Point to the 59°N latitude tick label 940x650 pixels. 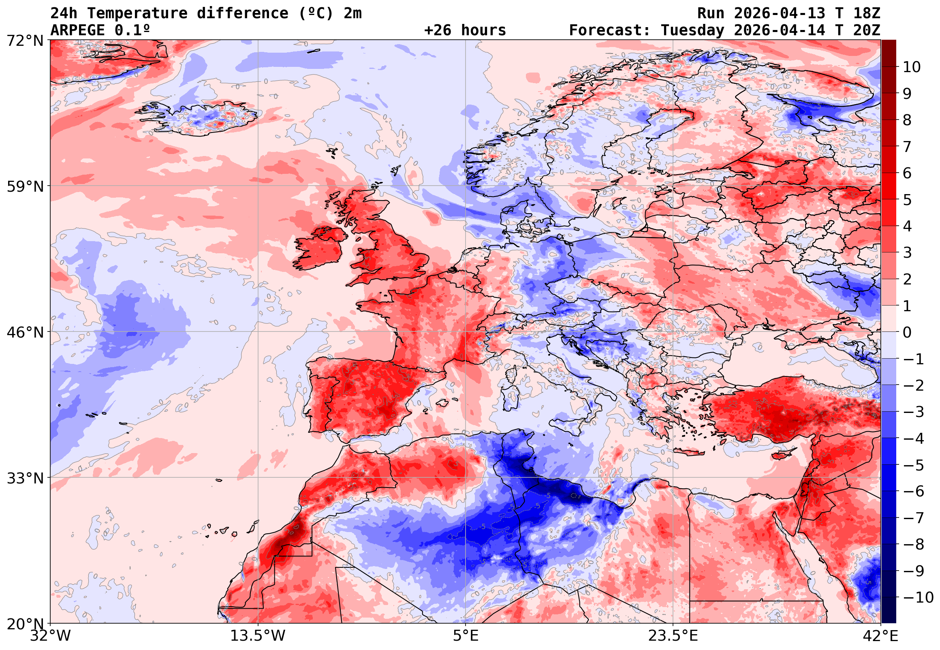tap(25, 186)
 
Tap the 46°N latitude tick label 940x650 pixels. tap(25, 332)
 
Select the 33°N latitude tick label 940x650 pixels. tap(25, 478)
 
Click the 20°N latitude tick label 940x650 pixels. tap(25, 624)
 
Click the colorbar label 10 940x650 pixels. tap(912, 67)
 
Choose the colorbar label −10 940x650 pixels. tap(919, 597)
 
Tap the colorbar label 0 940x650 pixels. tap(907, 332)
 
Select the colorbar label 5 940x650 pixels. tap(907, 200)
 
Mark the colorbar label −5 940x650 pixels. tap(914, 465)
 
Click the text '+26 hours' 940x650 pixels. tap(465, 30)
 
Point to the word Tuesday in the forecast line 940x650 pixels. tap(692, 30)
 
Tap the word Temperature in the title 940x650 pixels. tap(137, 13)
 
